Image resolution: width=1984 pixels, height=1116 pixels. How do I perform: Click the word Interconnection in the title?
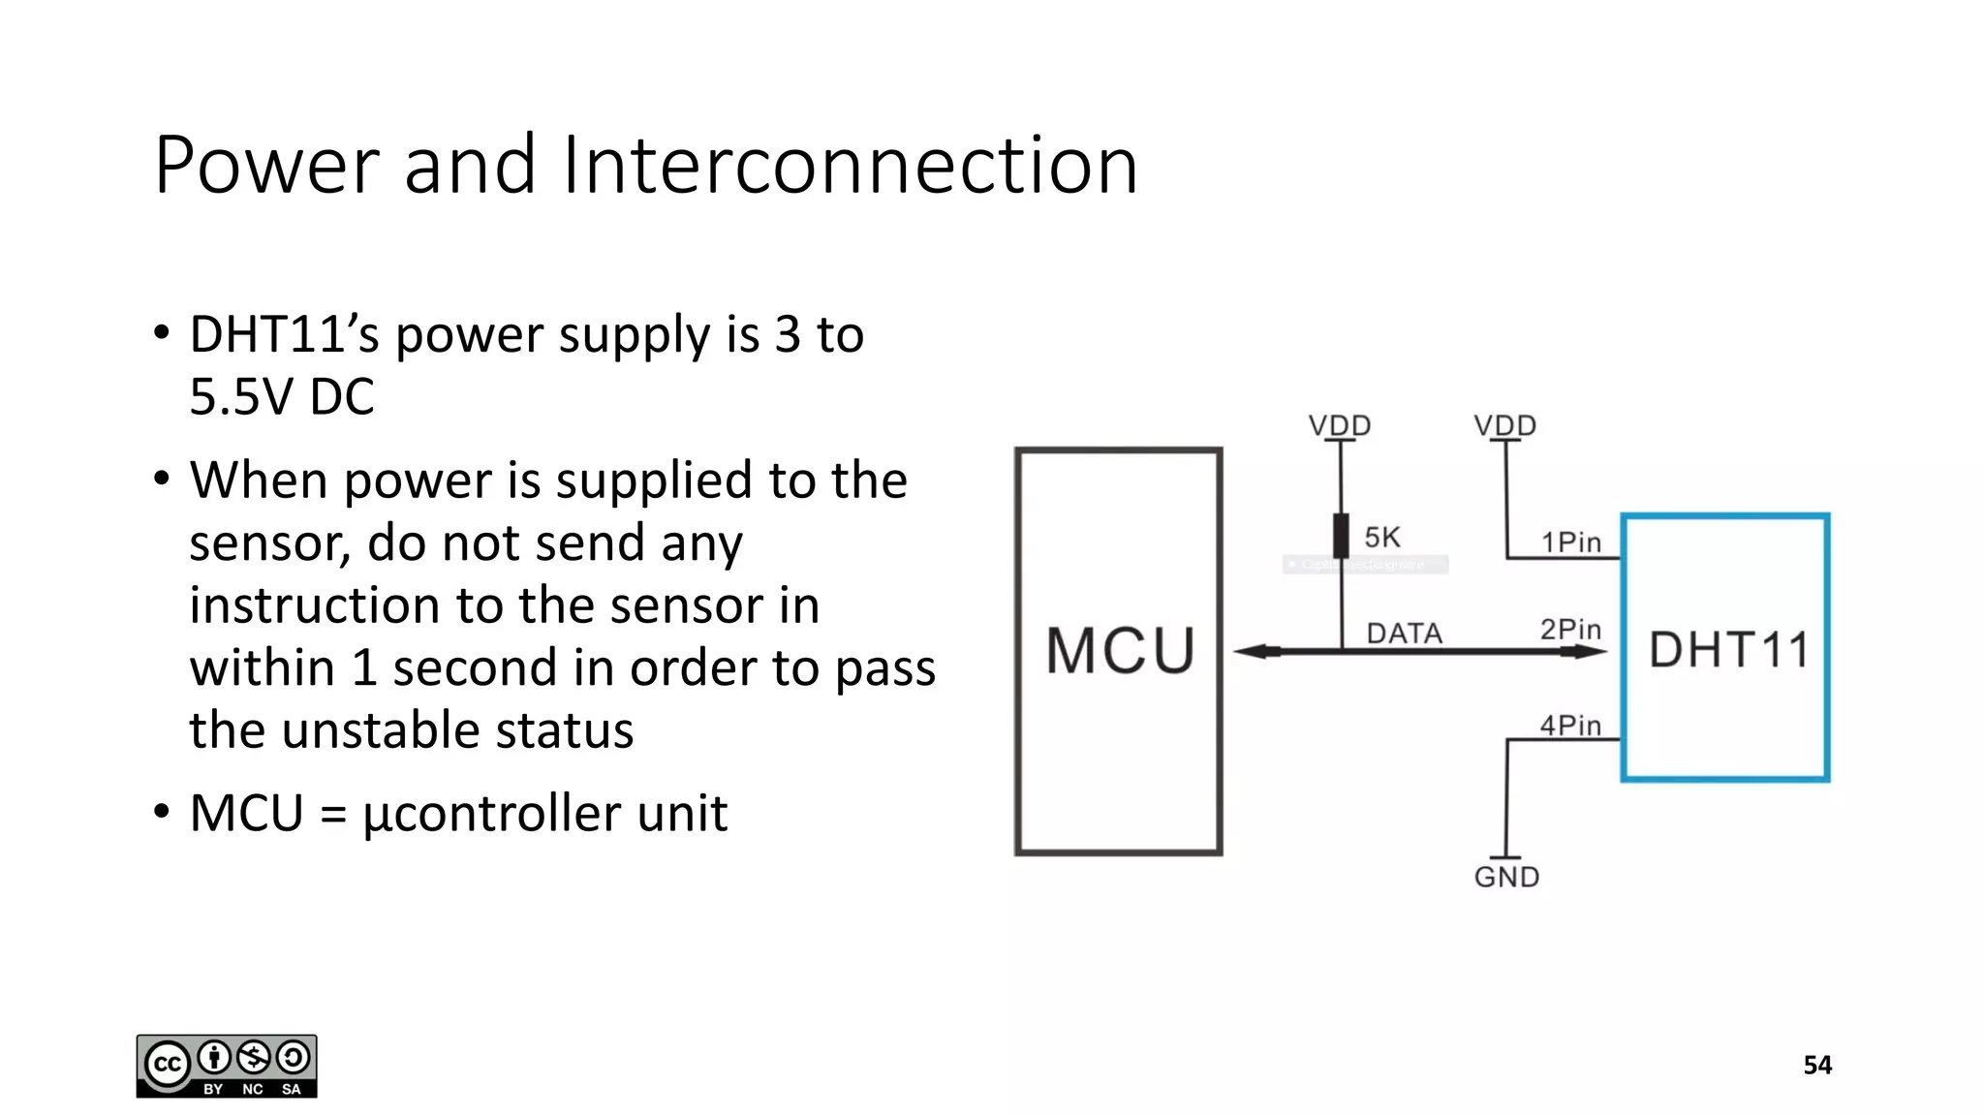tap(849, 166)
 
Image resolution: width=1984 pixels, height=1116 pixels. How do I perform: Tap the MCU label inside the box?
tap(1120, 650)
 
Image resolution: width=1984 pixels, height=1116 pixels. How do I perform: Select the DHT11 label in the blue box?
tap(1728, 650)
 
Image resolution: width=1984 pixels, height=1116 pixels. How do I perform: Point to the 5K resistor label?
tap(1382, 538)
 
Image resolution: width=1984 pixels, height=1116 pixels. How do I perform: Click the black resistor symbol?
tap(1341, 535)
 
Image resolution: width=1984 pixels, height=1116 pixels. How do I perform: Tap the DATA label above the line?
tap(1404, 634)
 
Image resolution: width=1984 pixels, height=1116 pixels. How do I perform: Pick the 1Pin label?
tap(1570, 542)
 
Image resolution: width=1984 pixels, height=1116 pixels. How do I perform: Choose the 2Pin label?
tap(1570, 630)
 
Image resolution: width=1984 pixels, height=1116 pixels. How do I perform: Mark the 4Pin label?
tap(1570, 726)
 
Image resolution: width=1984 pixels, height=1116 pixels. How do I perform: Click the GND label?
tap(1506, 878)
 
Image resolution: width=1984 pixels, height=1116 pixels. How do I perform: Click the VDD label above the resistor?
tap(1340, 425)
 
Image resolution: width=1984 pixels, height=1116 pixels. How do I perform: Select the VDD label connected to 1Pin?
tap(1504, 425)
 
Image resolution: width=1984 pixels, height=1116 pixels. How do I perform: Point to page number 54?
tap(1816, 1066)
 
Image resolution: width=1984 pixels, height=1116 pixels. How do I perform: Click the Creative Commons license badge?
tap(227, 1066)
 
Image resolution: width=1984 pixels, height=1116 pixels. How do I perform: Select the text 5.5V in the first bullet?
tap(242, 397)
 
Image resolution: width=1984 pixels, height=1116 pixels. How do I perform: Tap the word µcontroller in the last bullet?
tap(492, 814)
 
